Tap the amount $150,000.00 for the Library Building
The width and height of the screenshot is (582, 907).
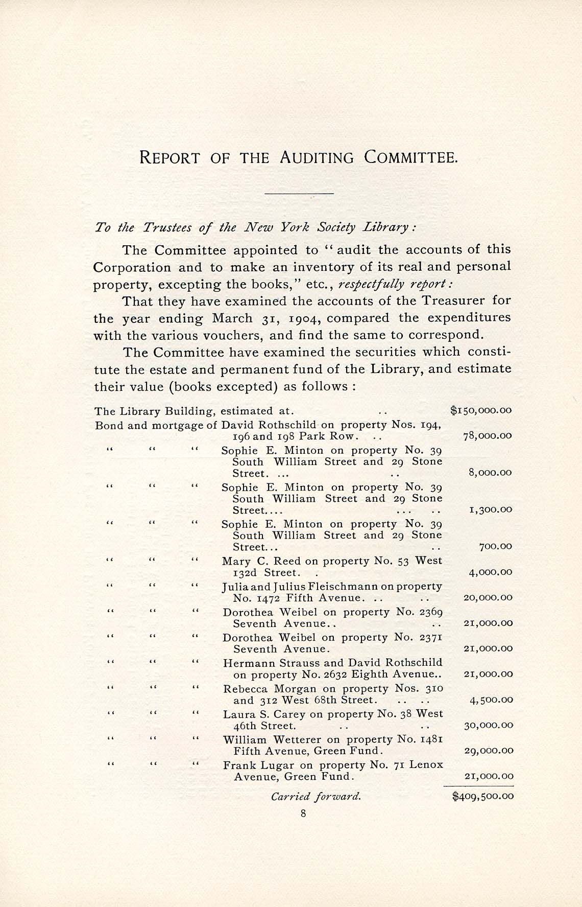pos(481,410)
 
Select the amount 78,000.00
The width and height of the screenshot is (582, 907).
pos(487,436)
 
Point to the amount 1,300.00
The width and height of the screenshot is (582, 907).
pos(490,509)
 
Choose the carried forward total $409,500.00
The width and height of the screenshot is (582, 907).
pos(483,796)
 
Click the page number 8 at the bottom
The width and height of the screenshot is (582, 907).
pos(303,815)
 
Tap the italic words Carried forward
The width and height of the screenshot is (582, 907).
pos(316,796)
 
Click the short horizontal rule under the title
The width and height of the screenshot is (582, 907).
pos(299,194)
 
